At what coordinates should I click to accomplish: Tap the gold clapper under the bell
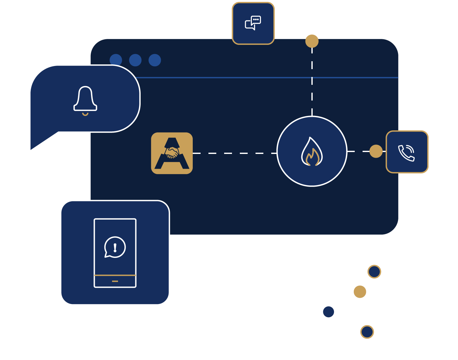coord(85,114)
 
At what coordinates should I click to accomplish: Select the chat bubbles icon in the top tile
coord(253,23)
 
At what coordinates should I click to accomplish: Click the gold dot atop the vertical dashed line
coord(312,41)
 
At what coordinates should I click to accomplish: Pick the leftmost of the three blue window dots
coord(116,60)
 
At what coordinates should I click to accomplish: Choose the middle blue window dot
coord(135,60)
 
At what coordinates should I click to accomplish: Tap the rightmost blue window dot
coord(155,60)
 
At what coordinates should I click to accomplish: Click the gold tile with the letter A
coord(172,153)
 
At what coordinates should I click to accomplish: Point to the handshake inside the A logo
coord(172,153)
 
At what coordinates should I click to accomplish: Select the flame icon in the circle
coord(312,152)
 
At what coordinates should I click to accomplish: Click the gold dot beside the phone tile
coord(376,151)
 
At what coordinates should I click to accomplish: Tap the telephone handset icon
coord(406,153)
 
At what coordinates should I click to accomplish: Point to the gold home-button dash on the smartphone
coord(115,281)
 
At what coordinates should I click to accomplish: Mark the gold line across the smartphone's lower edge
coord(115,275)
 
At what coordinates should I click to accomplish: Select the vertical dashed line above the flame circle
coord(312,82)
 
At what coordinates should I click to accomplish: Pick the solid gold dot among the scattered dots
coord(360,292)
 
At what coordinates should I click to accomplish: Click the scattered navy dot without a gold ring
coord(328,312)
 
